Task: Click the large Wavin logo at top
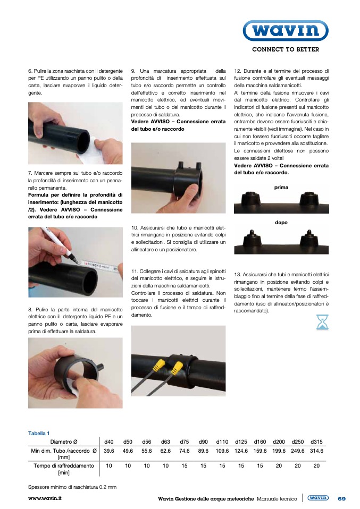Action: pyautogui.click(x=286, y=30)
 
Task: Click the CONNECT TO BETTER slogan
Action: pyautogui.click(x=286, y=49)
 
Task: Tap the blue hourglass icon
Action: pyautogui.click(x=322, y=322)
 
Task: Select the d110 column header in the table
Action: pyautogui.click(x=222, y=442)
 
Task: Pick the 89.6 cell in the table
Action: pyautogui.click(x=203, y=451)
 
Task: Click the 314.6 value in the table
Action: pyautogui.click(x=316, y=451)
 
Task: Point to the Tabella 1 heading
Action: pyautogui.click(x=39, y=434)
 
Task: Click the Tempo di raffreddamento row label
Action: pyautogui.click(x=64, y=469)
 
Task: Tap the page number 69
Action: pyautogui.click(x=342, y=498)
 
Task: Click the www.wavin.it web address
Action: pyautogui.click(x=45, y=498)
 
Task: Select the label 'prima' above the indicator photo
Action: pyautogui.click(x=281, y=188)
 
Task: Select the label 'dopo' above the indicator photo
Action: pyautogui.click(x=281, y=223)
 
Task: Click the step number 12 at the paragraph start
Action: pyautogui.click(x=238, y=71)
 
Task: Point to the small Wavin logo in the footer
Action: pyautogui.click(x=318, y=498)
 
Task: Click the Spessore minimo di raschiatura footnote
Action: pyautogui.click(x=72, y=487)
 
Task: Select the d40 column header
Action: pyautogui.click(x=109, y=442)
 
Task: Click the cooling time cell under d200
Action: pyautogui.click(x=279, y=466)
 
